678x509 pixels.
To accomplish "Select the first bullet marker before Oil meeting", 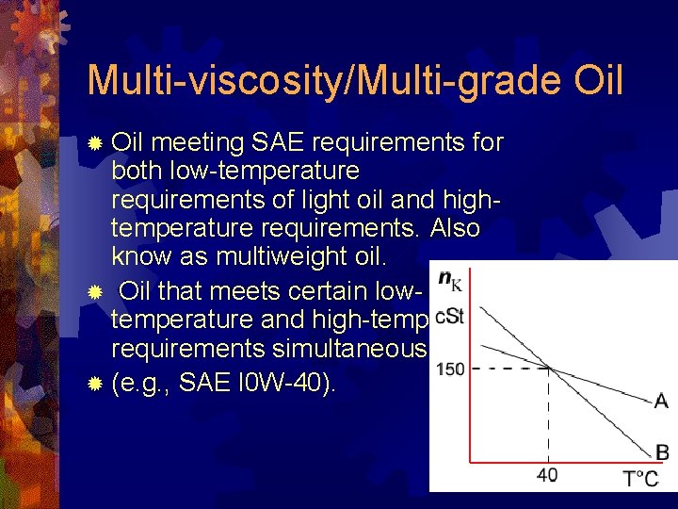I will pyautogui.click(x=94, y=144).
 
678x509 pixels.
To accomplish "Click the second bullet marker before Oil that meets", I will pyautogui.click(x=94, y=289).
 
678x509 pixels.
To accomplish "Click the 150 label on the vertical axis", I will pyautogui.click(x=450, y=369).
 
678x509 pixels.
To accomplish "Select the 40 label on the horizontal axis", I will pyautogui.click(x=547, y=474).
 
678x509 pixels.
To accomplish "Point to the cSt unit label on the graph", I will pyautogui.click(x=450, y=316).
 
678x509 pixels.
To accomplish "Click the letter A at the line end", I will pyautogui.click(x=661, y=402).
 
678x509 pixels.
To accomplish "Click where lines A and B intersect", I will pyautogui.click(x=549, y=369).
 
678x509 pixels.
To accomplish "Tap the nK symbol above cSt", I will pyautogui.click(x=449, y=280).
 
